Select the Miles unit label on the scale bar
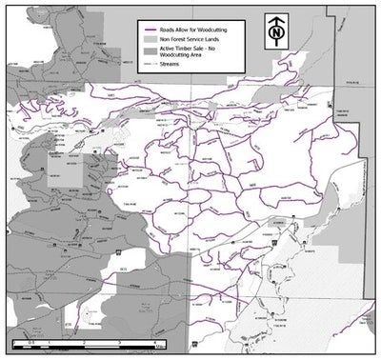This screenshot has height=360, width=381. point(160,347)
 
